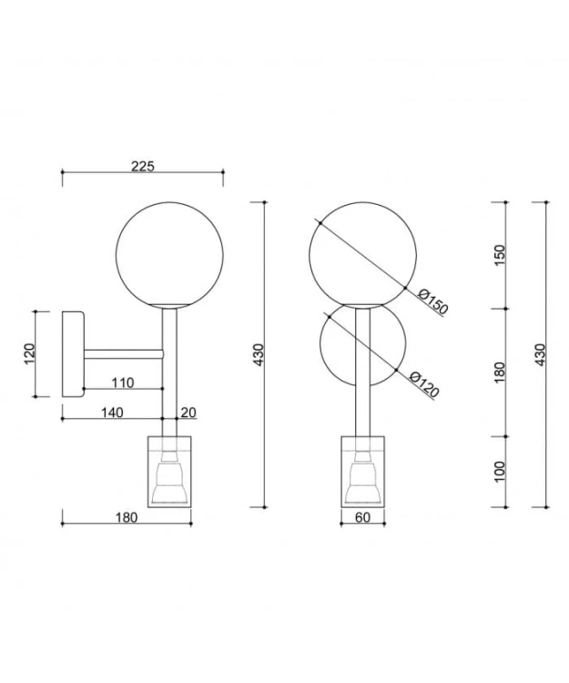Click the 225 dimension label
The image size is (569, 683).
click(x=143, y=166)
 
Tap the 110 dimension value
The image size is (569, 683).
click(x=123, y=382)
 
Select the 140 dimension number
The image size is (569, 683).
click(x=112, y=412)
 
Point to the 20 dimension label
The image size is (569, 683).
click(x=188, y=412)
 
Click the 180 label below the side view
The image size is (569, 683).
click(x=127, y=517)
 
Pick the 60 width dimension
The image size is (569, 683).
click(x=362, y=517)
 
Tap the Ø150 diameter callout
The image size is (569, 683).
click(x=432, y=301)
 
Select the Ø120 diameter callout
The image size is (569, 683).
click(x=424, y=384)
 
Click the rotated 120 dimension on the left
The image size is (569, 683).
click(x=29, y=354)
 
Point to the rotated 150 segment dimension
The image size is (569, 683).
click(x=500, y=256)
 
